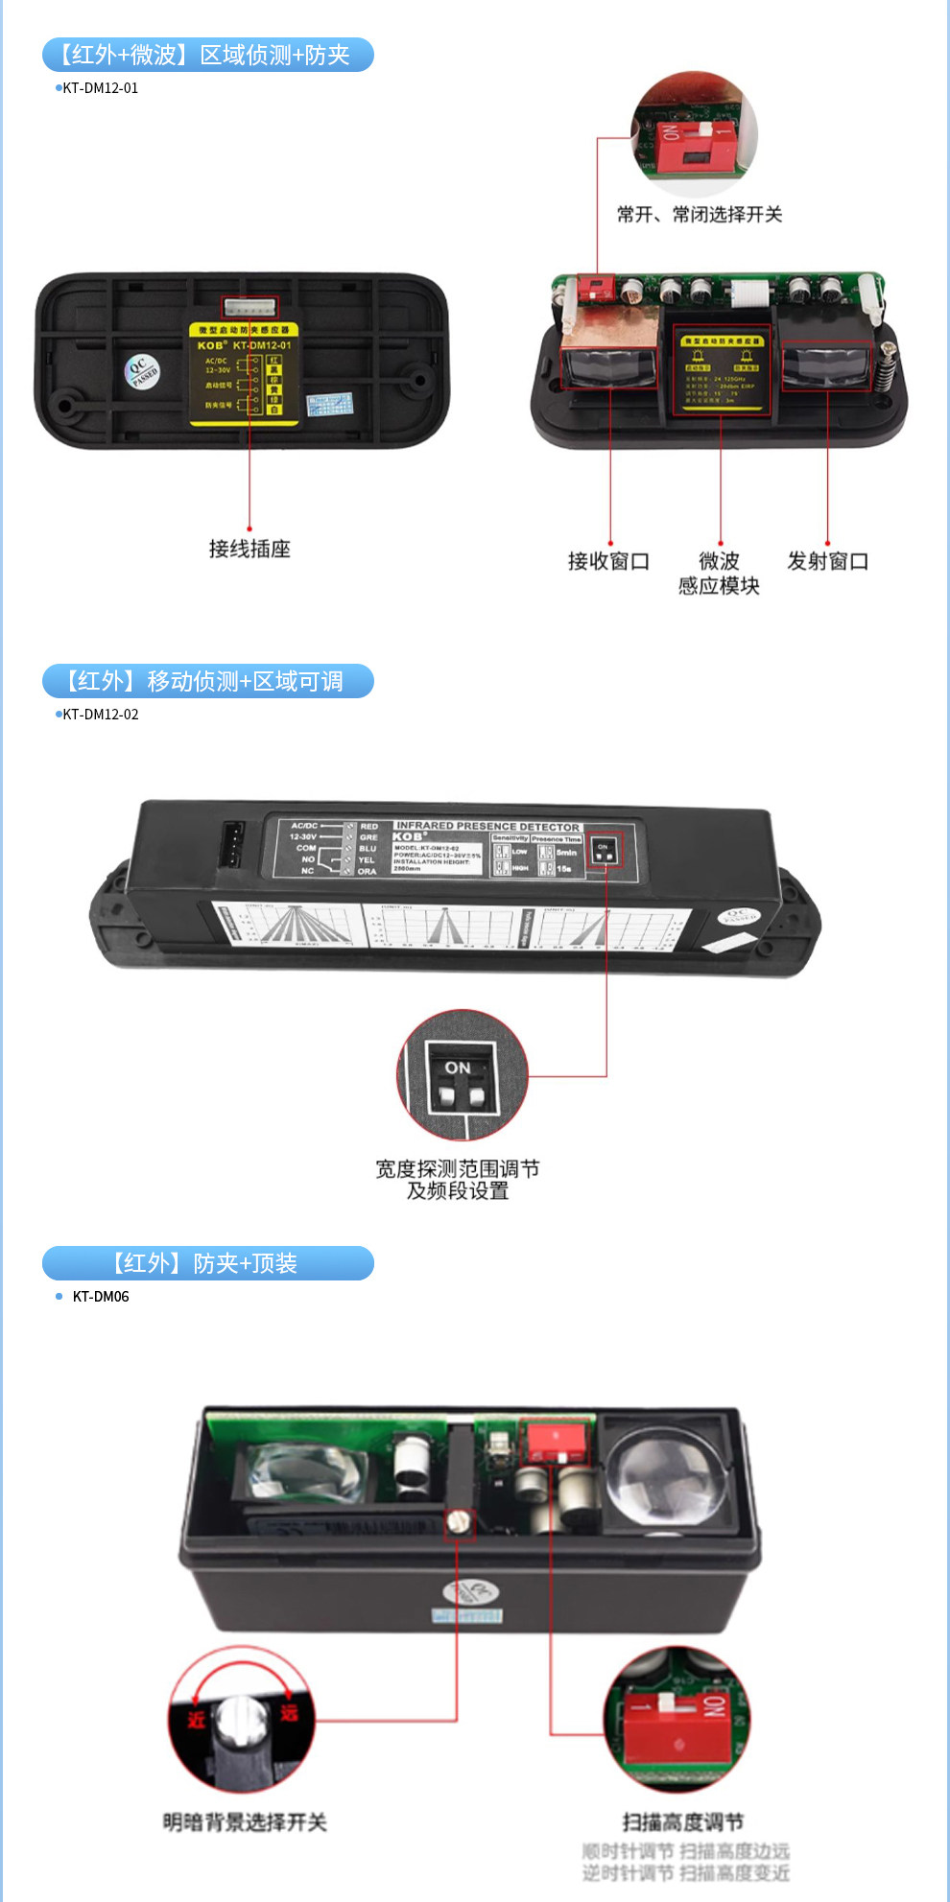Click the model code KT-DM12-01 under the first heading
point(100,88)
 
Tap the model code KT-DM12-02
point(100,715)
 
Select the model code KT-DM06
point(100,1297)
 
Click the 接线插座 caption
point(249,549)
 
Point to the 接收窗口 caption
point(608,561)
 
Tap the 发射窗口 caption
point(827,561)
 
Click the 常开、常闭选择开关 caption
point(700,214)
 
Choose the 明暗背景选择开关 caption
point(245,1822)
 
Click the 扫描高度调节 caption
point(682,1822)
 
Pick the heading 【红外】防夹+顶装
point(207,1263)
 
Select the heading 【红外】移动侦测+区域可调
point(207,681)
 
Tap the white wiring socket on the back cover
point(249,307)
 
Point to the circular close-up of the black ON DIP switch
point(463,1074)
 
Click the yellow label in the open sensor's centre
point(720,372)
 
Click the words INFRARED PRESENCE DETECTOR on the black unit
point(487,826)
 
